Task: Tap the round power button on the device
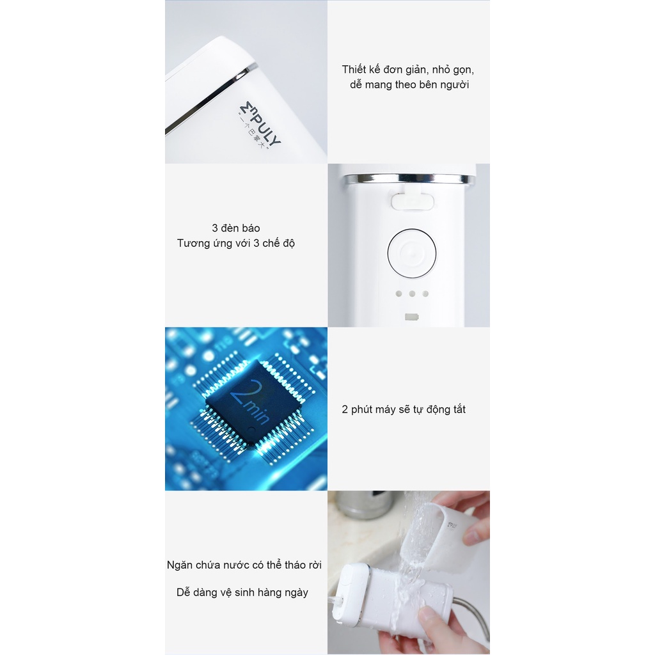click(411, 253)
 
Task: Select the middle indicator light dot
click(412, 294)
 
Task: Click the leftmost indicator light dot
click(399, 294)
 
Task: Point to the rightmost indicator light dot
click(425, 294)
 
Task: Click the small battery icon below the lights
click(411, 317)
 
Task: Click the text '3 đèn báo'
click(235, 228)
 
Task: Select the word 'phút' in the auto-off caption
click(361, 409)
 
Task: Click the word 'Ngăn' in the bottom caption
click(179, 565)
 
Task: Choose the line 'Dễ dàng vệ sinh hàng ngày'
click(242, 592)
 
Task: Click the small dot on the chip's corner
click(251, 430)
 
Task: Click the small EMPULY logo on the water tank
click(452, 527)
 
